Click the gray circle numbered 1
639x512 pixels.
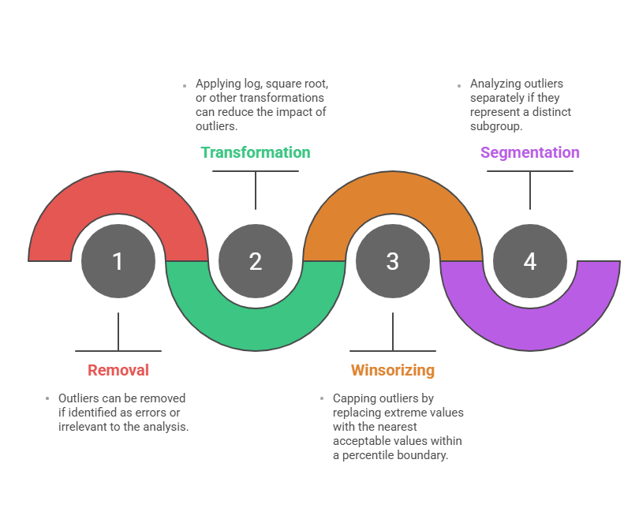pyautogui.click(x=118, y=261)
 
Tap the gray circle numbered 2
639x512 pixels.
pyautogui.click(x=256, y=261)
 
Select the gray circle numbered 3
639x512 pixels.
pyautogui.click(x=393, y=261)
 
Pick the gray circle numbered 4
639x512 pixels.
pyautogui.click(x=530, y=261)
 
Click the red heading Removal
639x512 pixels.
pyautogui.click(x=118, y=370)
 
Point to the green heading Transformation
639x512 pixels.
pyautogui.click(x=256, y=152)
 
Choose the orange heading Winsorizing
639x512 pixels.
pyautogui.click(x=393, y=370)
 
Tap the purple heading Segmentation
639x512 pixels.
pyautogui.click(x=530, y=152)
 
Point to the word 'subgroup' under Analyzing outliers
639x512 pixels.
pyautogui.click(x=496, y=126)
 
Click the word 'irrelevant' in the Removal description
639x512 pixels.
pyautogui.click(x=85, y=427)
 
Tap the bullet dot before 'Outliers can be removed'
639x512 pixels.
pyautogui.click(x=48, y=399)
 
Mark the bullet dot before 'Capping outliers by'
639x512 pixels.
pyautogui.click(x=323, y=399)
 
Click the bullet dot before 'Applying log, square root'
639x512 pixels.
pyautogui.click(x=185, y=84)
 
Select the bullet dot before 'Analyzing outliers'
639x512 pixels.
pyautogui.click(x=460, y=84)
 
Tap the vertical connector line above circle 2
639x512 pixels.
pyautogui.click(x=256, y=190)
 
